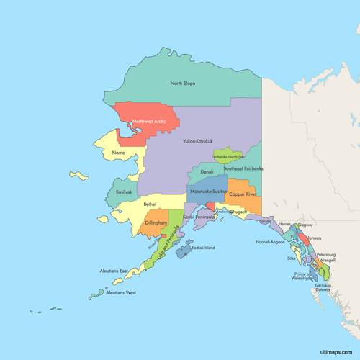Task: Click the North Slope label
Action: tap(182, 84)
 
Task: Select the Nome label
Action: tap(119, 153)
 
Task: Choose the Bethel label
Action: tap(150, 204)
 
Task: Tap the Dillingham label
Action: tap(156, 223)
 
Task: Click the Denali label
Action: tap(207, 172)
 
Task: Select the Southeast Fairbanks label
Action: tap(243, 168)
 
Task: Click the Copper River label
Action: tap(243, 194)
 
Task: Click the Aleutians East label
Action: tap(114, 271)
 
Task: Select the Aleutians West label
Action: tap(120, 293)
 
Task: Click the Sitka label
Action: tap(291, 257)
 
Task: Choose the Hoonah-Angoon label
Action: tap(272, 243)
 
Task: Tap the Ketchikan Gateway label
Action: tap(322, 288)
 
